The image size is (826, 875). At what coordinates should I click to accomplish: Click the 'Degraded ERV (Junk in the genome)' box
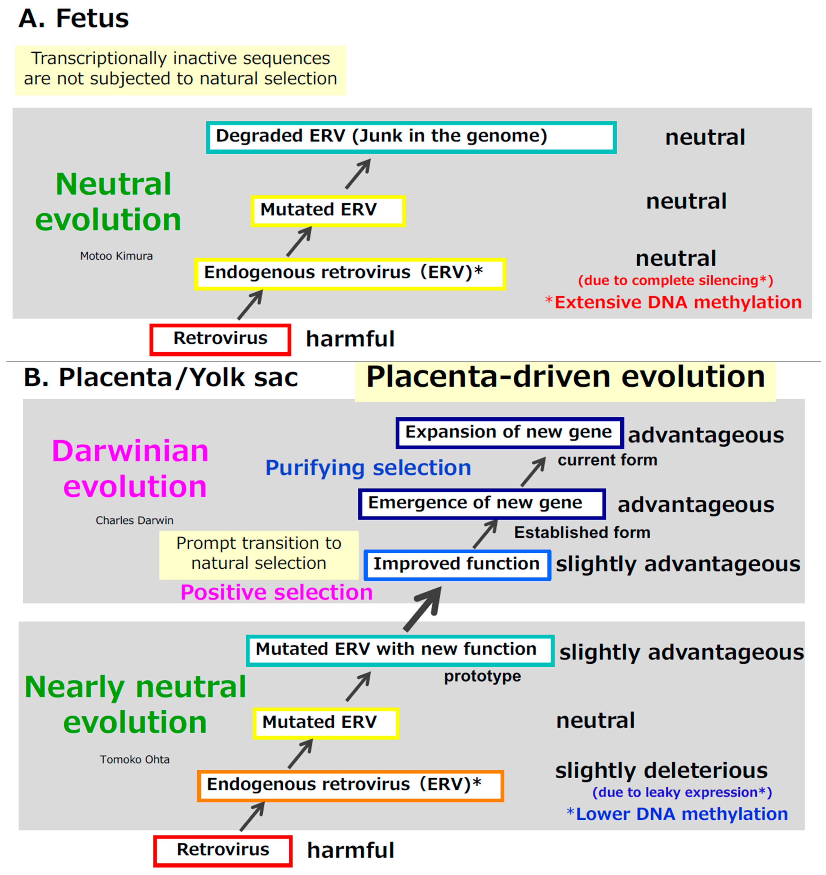(411, 137)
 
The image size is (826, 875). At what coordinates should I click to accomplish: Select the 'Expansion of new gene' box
(509, 433)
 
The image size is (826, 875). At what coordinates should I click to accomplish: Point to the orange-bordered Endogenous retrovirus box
(350, 786)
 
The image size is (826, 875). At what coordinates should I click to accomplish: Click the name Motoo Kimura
(116, 256)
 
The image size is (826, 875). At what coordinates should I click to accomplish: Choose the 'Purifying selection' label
(368, 468)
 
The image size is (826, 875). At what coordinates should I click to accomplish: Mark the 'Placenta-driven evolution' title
(565, 378)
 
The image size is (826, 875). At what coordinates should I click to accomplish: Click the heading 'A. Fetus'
(74, 19)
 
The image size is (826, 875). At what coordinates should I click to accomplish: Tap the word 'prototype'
(482, 676)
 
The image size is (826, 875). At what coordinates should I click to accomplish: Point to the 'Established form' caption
(582, 533)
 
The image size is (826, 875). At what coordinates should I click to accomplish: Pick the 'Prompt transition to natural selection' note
(259, 554)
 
